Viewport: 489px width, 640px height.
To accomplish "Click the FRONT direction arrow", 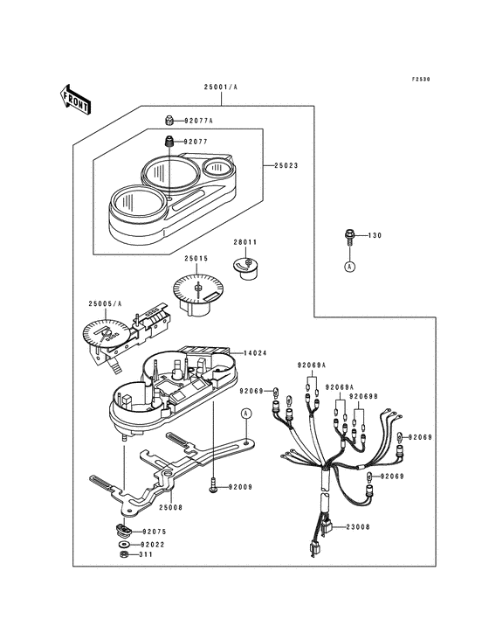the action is (75, 99).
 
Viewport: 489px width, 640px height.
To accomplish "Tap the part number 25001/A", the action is (221, 87).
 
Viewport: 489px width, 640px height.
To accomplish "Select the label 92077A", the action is (198, 121).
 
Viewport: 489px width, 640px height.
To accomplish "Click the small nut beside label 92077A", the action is (169, 121).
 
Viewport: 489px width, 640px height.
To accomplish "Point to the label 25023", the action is (286, 166).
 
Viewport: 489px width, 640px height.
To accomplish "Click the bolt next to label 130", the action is (349, 237).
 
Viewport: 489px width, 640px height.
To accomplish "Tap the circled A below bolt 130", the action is (349, 267).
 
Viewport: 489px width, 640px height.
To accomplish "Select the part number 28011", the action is (244, 242).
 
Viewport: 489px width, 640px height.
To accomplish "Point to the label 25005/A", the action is (105, 303).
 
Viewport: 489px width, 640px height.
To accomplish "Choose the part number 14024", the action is (255, 353).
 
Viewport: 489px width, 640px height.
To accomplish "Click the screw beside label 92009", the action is (213, 487).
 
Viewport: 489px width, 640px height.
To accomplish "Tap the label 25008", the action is (171, 508).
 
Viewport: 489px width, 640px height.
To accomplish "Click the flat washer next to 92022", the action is (122, 545).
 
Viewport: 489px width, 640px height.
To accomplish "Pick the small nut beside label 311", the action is (122, 554).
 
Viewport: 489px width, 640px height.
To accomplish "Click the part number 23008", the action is (358, 527).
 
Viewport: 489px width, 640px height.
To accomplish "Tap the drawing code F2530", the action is (420, 80).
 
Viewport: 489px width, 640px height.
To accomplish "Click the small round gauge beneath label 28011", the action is (245, 268).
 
